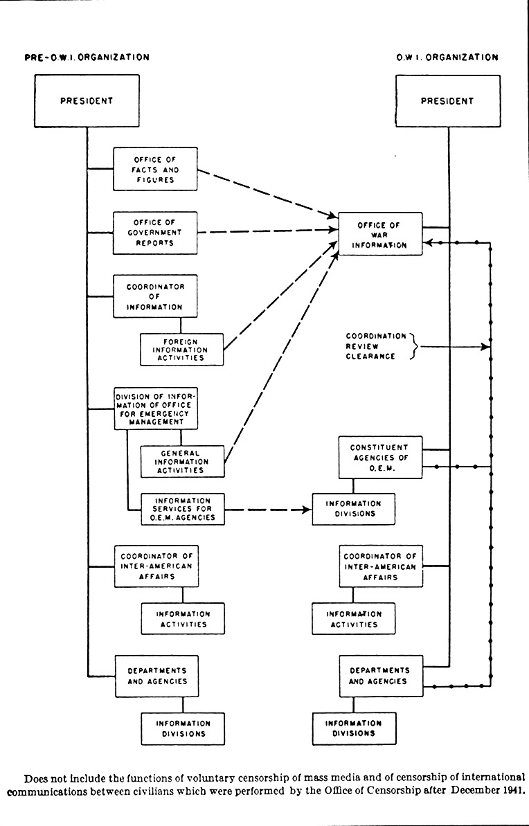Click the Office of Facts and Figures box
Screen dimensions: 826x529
pos(156,169)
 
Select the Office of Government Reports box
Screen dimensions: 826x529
pos(156,233)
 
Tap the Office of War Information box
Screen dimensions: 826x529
pos(379,235)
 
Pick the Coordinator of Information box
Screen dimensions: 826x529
pos(156,296)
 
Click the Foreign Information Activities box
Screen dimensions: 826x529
pos(182,349)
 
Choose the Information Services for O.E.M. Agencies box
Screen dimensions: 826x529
pos(182,508)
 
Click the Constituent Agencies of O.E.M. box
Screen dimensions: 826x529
pos(379,457)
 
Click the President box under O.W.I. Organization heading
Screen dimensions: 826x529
pos(447,100)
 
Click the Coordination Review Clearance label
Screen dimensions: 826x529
pos(376,346)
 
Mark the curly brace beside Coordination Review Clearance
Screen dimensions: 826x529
pos(413,346)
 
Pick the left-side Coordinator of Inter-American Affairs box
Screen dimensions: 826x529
pos(156,566)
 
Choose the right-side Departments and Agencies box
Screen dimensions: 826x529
pos(379,676)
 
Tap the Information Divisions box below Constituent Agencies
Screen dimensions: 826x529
pos(353,509)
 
